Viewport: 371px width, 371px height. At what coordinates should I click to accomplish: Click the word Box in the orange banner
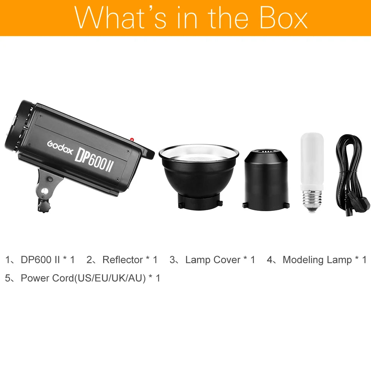pyautogui.click(x=284, y=17)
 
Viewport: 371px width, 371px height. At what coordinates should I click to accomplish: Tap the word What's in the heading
pyautogui.click(x=121, y=17)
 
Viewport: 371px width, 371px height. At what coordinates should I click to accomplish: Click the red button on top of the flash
pyautogui.click(x=132, y=139)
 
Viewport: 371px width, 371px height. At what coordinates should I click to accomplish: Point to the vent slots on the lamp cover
pyautogui.click(x=266, y=151)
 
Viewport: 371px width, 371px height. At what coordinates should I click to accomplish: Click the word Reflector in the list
pyautogui.click(x=122, y=260)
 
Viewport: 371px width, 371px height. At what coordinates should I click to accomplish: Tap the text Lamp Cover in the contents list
pyautogui.click(x=213, y=260)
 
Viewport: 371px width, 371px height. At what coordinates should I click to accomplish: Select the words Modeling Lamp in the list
pyautogui.click(x=317, y=260)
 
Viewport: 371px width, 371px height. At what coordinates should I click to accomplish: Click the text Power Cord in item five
pyautogui.click(x=47, y=278)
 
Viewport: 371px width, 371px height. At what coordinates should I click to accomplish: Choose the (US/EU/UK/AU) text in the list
pyautogui.click(x=110, y=278)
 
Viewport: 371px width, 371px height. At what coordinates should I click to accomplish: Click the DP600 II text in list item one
pyautogui.click(x=40, y=260)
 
